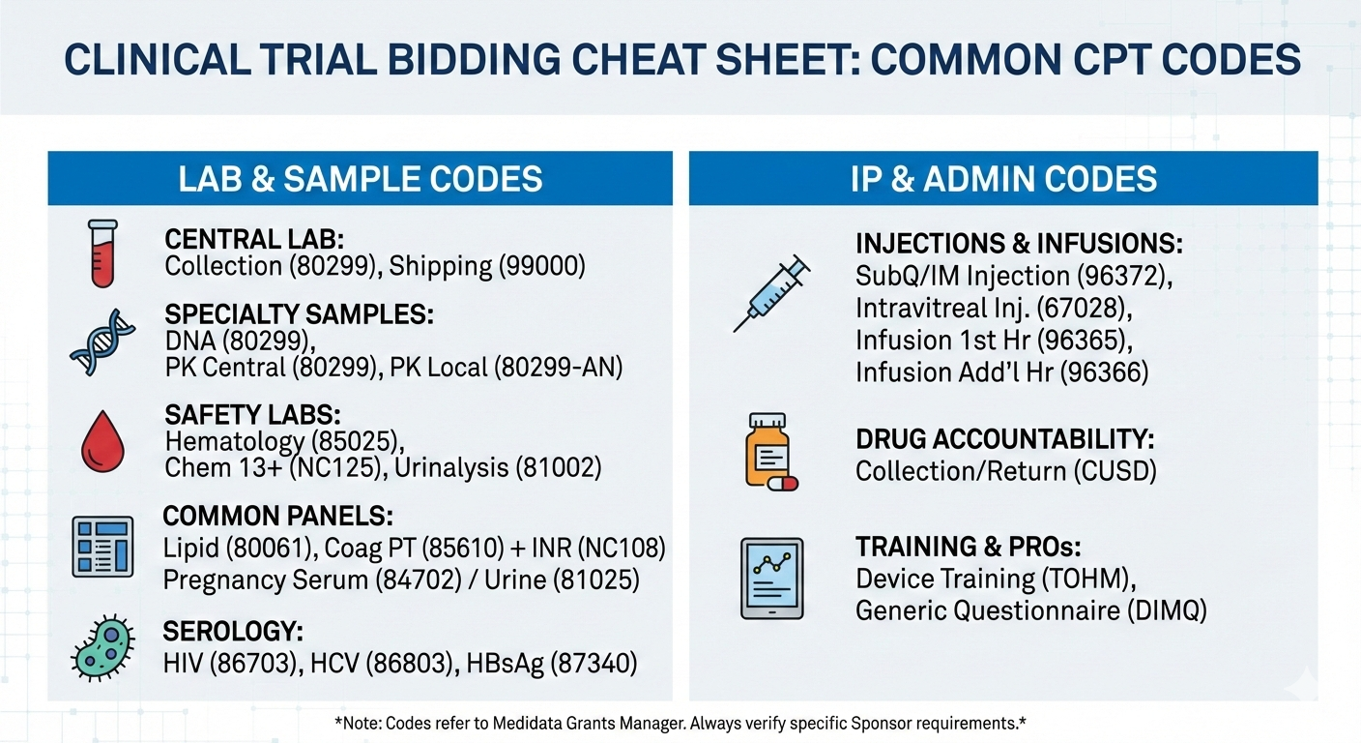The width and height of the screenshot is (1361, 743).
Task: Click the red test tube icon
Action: coord(102,253)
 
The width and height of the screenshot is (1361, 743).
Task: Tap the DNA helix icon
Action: coord(102,342)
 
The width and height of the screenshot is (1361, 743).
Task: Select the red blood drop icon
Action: coord(102,441)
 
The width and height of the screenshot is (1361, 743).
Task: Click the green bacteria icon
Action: coord(102,648)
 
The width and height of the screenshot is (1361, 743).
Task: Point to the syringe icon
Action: coord(771,294)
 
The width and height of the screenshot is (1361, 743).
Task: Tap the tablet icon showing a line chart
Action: coord(771,579)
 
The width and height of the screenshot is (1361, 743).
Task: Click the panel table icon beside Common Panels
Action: coord(102,547)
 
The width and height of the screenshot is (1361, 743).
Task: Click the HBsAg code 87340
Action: coord(594,663)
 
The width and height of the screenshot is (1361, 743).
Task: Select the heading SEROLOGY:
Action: coord(233,631)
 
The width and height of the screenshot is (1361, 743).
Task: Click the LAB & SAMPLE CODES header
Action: coord(361,179)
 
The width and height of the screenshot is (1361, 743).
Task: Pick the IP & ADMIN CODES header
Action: coord(1003,179)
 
